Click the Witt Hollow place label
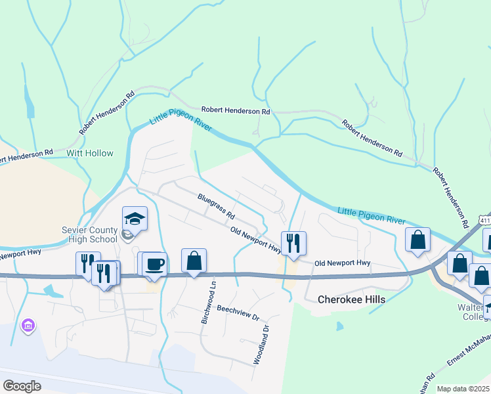[x=90, y=153]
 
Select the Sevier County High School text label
[x=89, y=234]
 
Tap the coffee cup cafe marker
[x=154, y=264]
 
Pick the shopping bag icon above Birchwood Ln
[x=194, y=261]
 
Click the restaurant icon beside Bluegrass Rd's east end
[x=293, y=244]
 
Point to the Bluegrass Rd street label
[x=216, y=206]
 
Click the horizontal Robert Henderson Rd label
[x=236, y=111]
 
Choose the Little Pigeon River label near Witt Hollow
[x=181, y=120]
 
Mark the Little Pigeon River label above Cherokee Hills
[x=371, y=215]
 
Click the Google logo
[x=22, y=386]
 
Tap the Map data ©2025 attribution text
[x=463, y=389]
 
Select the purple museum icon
[x=27, y=326]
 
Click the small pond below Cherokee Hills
[x=338, y=326]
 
